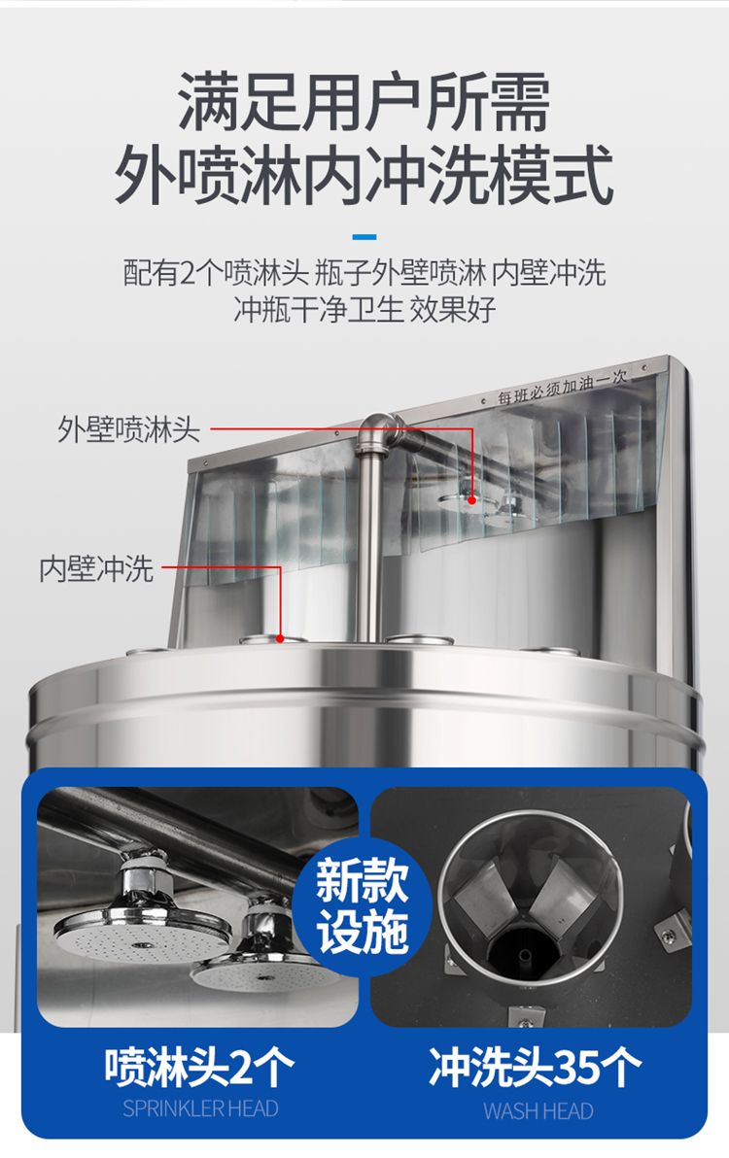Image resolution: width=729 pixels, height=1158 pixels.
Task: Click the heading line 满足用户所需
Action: point(364,101)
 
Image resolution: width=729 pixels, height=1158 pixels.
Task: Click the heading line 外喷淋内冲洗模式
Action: point(364,175)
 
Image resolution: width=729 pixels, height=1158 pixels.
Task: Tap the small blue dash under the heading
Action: point(364,237)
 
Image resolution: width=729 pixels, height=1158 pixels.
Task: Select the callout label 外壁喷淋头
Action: point(128,429)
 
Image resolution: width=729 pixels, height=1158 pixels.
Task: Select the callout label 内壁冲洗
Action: point(96,568)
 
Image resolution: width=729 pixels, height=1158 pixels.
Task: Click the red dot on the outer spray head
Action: point(472,500)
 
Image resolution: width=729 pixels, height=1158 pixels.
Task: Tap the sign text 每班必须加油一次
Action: point(562,387)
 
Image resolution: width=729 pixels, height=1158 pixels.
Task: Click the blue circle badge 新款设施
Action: point(362,905)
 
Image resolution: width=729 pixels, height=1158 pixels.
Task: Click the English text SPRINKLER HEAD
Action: point(200,1108)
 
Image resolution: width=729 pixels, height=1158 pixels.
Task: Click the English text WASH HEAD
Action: point(538,1110)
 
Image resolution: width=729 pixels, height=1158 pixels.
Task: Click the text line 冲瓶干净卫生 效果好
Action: point(364,310)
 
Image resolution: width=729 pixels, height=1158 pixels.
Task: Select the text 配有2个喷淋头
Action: point(214,273)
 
